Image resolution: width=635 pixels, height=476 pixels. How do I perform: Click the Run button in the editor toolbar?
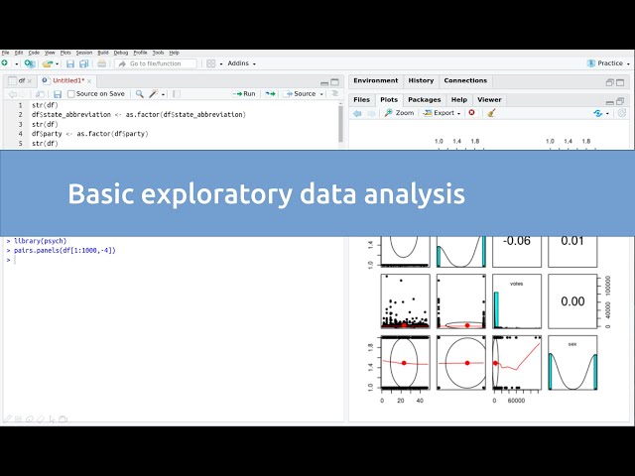(244, 93)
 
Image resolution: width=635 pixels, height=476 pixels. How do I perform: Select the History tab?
(421, 80)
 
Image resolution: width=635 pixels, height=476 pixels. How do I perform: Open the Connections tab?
(465, 80)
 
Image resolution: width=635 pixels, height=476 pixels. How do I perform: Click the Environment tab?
(375, 80)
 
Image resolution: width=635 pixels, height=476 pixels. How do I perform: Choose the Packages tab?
(424, 99)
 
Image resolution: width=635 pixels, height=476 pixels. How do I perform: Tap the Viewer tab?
(489, 99)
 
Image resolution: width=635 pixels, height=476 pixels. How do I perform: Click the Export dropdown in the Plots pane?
(445, 113)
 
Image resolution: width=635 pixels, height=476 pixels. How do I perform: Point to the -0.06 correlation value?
(519, 241)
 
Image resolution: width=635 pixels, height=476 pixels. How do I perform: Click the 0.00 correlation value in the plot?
(572, 301)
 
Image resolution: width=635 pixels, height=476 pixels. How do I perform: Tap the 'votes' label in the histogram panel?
(516, 283)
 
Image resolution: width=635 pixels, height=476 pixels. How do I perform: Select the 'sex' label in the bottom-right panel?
(571, 344)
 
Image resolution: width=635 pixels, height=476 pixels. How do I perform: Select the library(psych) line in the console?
(41, 241)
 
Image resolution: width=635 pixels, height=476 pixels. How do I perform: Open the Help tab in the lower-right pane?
(458, 99)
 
